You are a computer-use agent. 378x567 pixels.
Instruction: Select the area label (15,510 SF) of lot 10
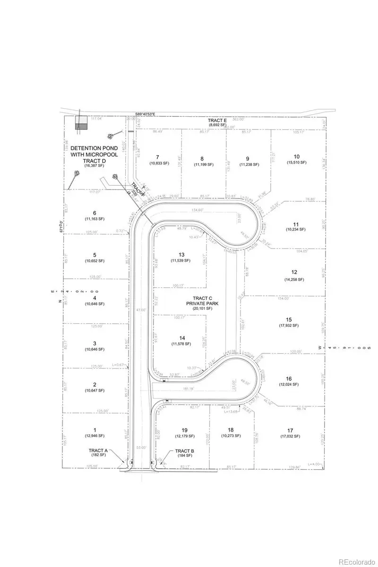pyautogui.click(x=296, y=163)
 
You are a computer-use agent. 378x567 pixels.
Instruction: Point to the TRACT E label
pyautogui.click(x=218, y=121)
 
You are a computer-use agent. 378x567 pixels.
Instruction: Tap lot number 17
pyautogui.click(x=290, y=430)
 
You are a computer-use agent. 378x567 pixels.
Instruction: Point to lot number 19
pyautogui.click(x=184, y=430)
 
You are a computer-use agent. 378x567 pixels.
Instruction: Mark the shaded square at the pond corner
pyautogui.click(x=82, y=126)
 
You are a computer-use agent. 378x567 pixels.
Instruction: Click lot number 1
pyautogui.click(x=94, y=430)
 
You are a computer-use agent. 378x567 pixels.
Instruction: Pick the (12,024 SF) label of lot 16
pyautogui.click(x=289, y=384)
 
